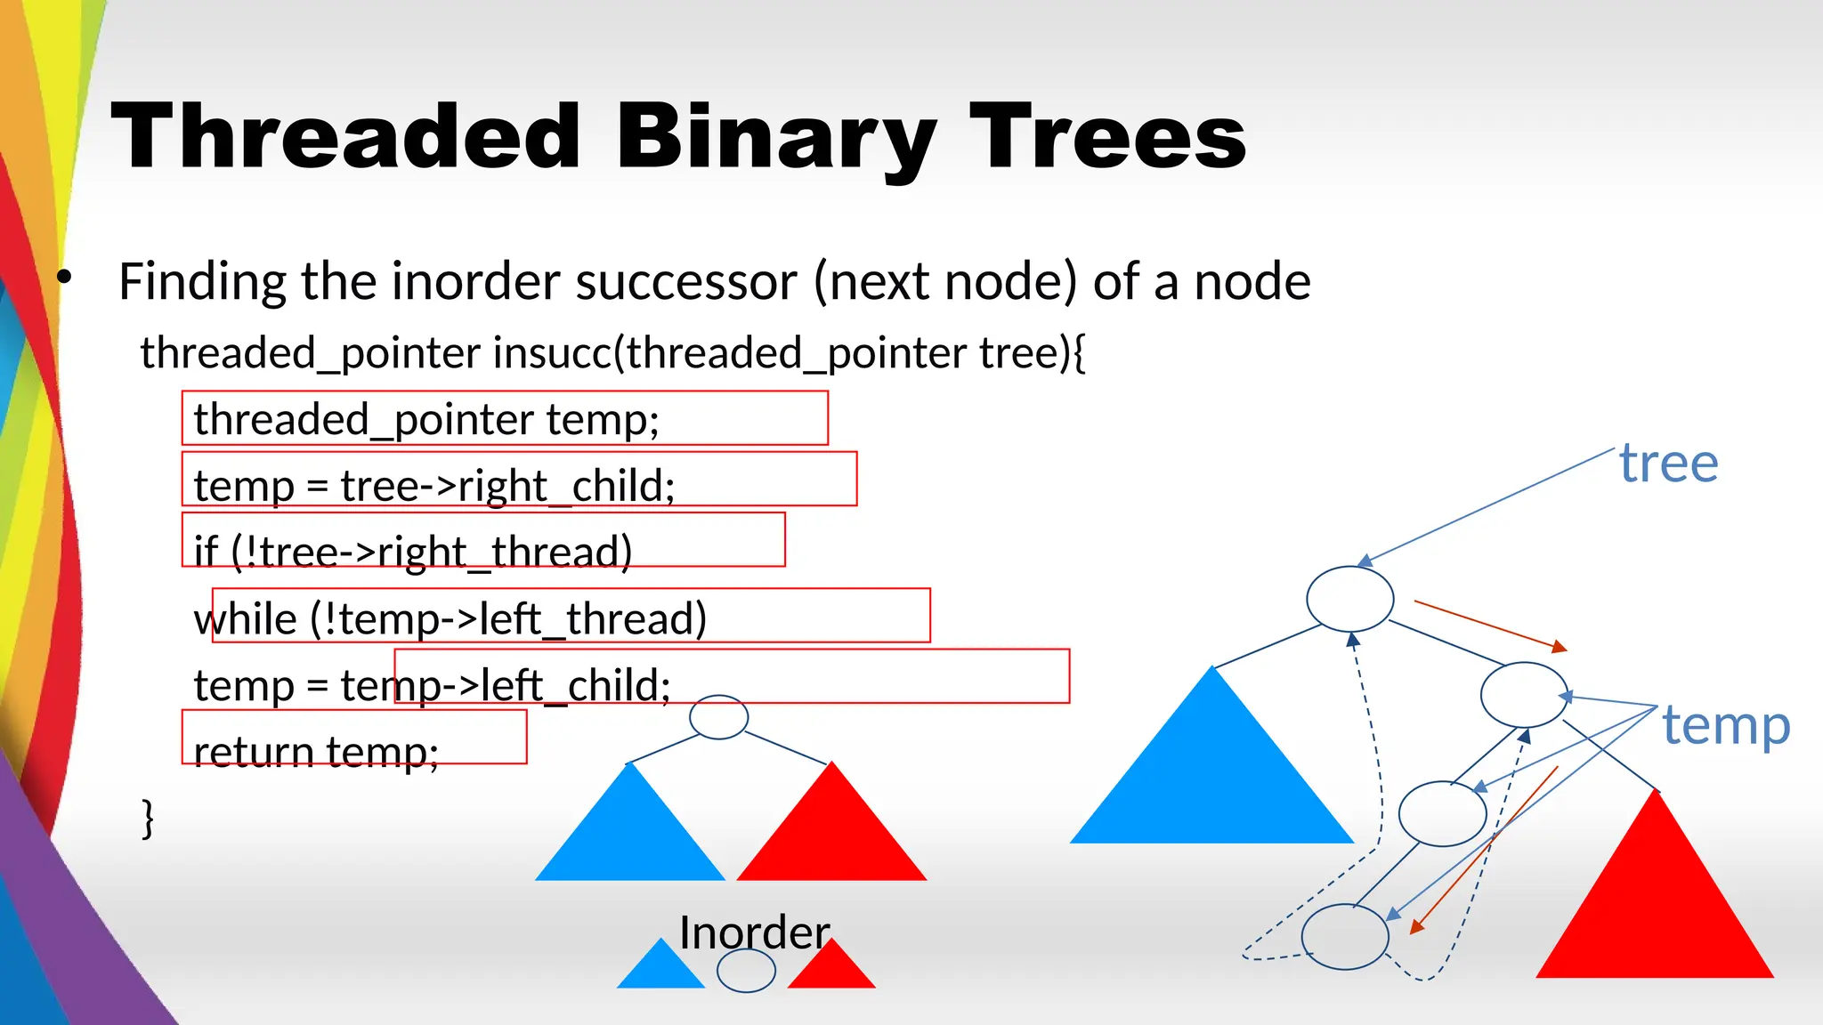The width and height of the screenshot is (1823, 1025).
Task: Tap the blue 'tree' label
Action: point(1668,464)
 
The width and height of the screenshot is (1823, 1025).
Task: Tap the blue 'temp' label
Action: point(1726,725)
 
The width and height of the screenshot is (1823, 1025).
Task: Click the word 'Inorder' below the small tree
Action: point(754,932)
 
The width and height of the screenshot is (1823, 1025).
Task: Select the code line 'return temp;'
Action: point(316,752)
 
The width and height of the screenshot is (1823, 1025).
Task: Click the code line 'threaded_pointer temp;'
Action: point(426,419)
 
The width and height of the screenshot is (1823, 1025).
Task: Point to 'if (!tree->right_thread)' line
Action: point(413,552)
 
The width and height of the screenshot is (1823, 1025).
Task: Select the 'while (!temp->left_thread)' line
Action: point(450,618)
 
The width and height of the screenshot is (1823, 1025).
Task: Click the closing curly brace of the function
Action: point(148,818)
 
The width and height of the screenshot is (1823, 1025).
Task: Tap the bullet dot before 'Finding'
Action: point(64,278)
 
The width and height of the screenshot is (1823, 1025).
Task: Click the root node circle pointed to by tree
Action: point(1349,599)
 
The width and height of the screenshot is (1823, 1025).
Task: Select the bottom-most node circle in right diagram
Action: point(1344,936)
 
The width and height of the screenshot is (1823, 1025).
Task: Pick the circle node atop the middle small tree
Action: point(718,717)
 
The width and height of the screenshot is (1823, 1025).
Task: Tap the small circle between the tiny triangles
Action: point(746,971)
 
